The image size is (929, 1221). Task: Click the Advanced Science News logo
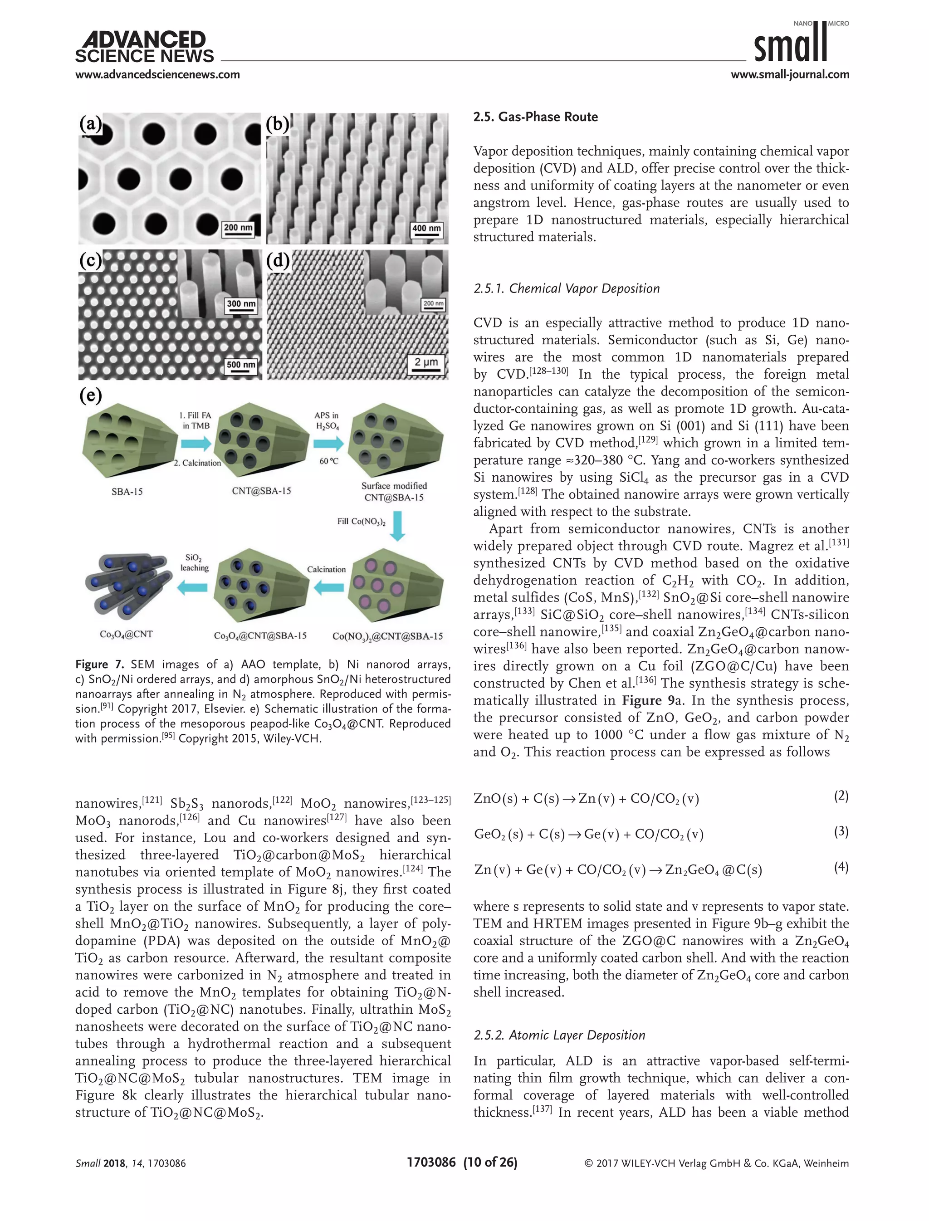[144, 48]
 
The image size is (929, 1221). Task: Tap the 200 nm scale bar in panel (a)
[238, 230]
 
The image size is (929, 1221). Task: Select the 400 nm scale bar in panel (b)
[426, 230]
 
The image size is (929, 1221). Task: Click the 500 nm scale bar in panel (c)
[241, 366]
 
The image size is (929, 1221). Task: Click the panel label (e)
[91, 395]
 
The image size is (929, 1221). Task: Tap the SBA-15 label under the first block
[127, 491]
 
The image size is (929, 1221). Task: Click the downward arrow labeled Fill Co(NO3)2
[397, 525]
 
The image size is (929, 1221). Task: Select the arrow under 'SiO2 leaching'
[192, 587]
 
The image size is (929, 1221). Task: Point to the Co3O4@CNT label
[126, 634]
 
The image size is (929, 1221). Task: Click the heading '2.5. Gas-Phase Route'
[535, 117]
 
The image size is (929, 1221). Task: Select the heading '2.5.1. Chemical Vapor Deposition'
[566, 288]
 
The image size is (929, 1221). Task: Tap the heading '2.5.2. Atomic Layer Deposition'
[559, 1035]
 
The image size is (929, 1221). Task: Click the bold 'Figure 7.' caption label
[99, 664]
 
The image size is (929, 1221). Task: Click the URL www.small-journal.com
[790, 74]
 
